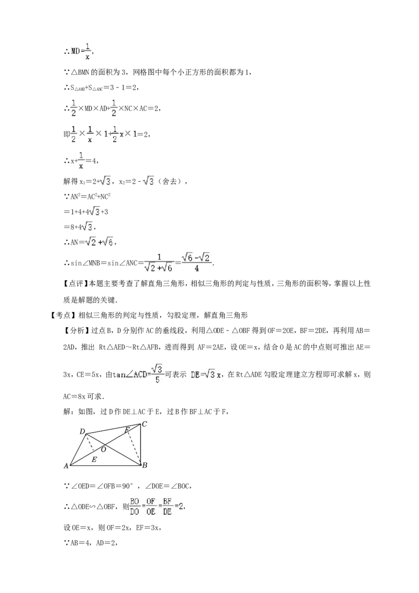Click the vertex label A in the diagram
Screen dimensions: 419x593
(66, 466)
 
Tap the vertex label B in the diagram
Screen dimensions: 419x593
(145, 465)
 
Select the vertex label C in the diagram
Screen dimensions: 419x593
(145, 424)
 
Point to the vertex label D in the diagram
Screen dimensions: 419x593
(82, 432)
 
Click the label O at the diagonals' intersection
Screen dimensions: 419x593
(103, 449)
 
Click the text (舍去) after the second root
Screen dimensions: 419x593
(171, 182)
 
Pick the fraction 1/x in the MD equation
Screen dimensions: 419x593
(87, 51)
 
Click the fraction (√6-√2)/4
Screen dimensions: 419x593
(196, 262)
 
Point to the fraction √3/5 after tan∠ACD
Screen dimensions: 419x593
(157, 374)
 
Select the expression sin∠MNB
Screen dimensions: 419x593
(85, 263)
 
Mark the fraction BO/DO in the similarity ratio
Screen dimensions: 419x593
(135, 507)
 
